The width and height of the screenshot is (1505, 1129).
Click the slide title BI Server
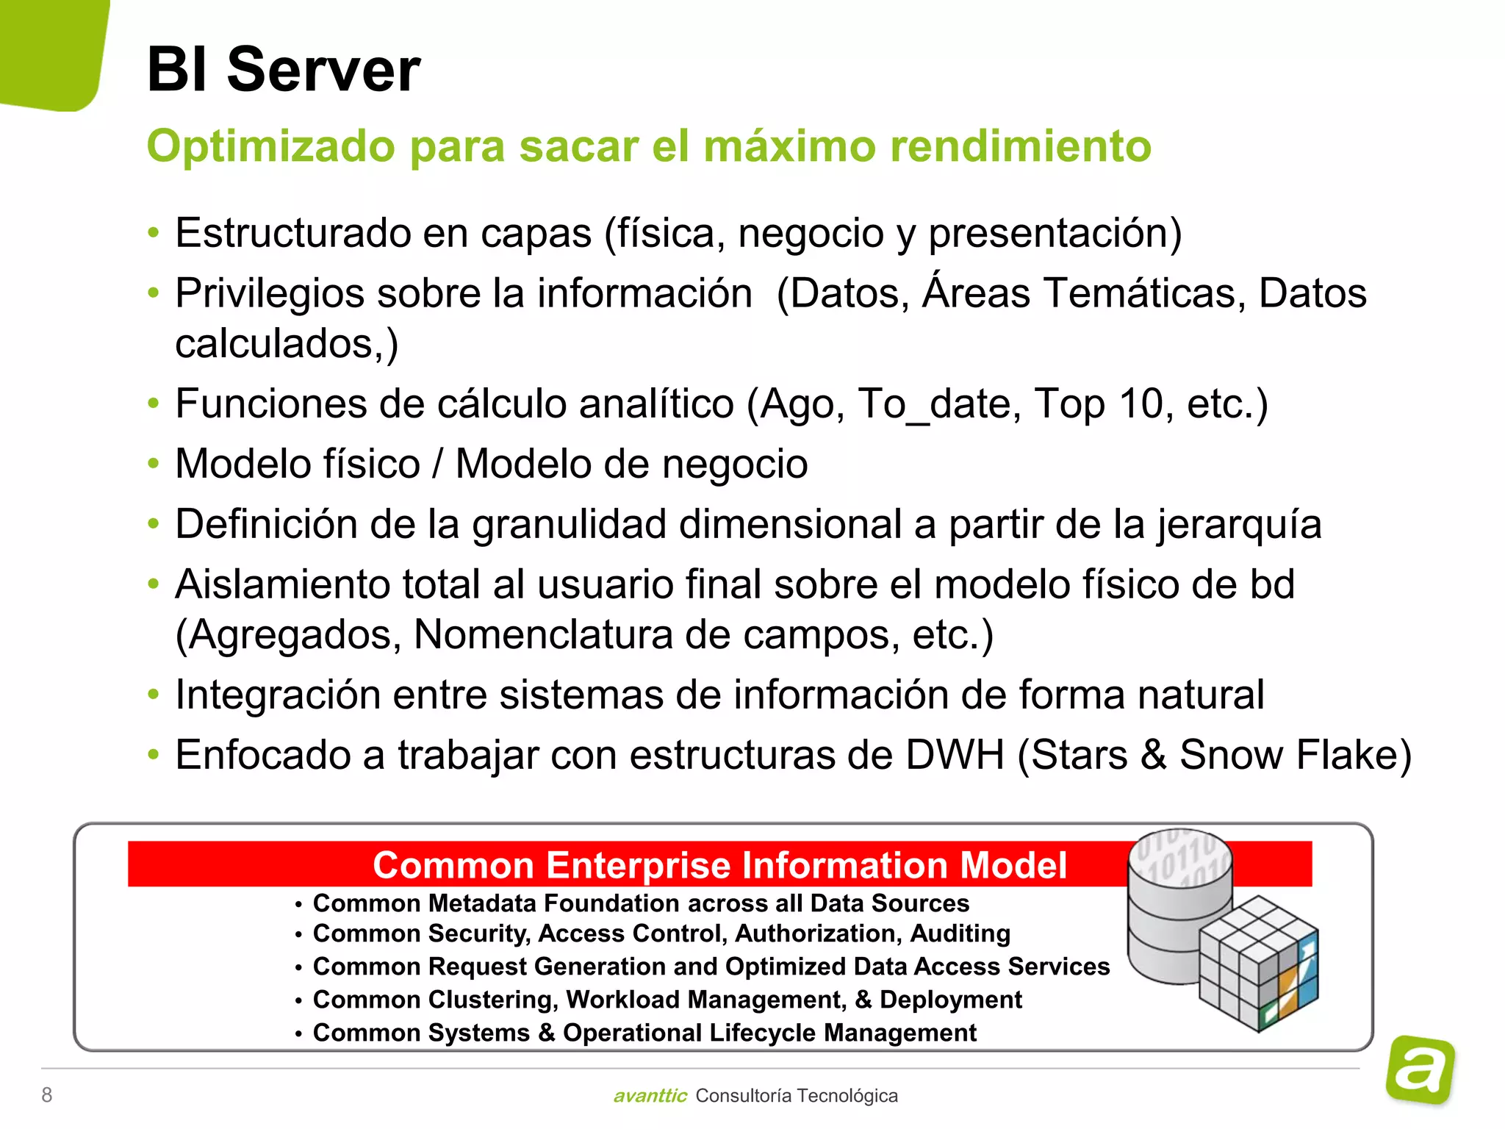point(284,70)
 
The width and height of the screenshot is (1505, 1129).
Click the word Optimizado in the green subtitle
point(271,146)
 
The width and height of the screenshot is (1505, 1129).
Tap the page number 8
point(47,1095)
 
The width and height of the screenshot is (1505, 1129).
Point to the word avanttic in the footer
point(650,1096)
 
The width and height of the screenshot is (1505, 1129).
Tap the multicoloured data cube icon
point(1258,963)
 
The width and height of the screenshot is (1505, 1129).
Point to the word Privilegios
point(269,294)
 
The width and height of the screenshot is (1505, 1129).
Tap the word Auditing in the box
point(960,933)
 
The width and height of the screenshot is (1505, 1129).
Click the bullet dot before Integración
point(153,695)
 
